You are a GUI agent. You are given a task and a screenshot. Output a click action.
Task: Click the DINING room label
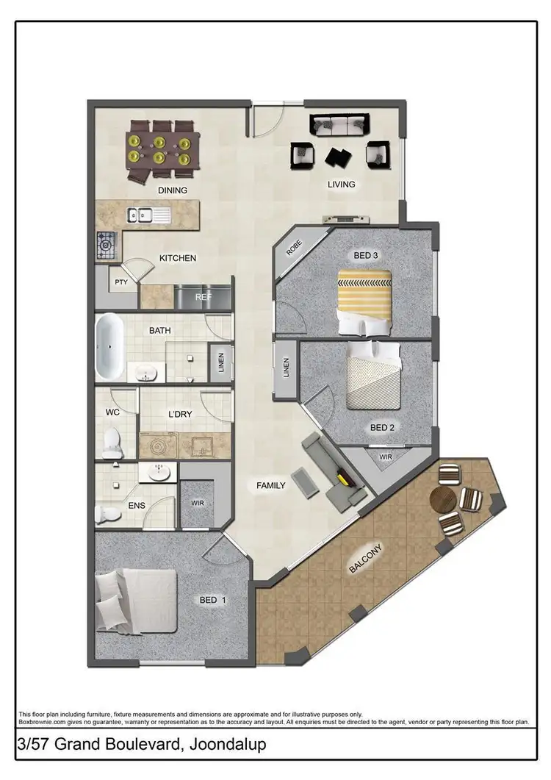tap(173, 190)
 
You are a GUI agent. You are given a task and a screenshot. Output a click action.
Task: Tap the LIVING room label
tap(341, 185)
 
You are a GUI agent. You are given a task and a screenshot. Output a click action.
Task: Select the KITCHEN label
tap(178, 258)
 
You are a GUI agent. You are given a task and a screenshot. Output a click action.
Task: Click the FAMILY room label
tap(270, 485)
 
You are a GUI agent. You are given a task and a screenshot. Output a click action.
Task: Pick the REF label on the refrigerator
tap(203, 298)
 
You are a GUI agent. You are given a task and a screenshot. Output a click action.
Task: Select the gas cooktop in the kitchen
tap(106, 243)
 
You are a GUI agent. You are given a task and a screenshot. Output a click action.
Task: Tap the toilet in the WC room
tap(112, 442)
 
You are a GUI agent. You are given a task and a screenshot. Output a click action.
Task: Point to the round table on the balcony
tap(443, 500)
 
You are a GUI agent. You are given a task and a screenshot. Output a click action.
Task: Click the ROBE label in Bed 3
tap(294, 251)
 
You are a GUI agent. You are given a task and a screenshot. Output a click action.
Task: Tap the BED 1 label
tap(212, 601)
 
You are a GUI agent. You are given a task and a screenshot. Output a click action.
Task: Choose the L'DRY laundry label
tap(179, 415)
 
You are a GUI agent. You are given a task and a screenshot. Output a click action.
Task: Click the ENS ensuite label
tap(136, 506)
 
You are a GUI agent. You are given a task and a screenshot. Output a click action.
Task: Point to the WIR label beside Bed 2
tap(386, 457)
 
